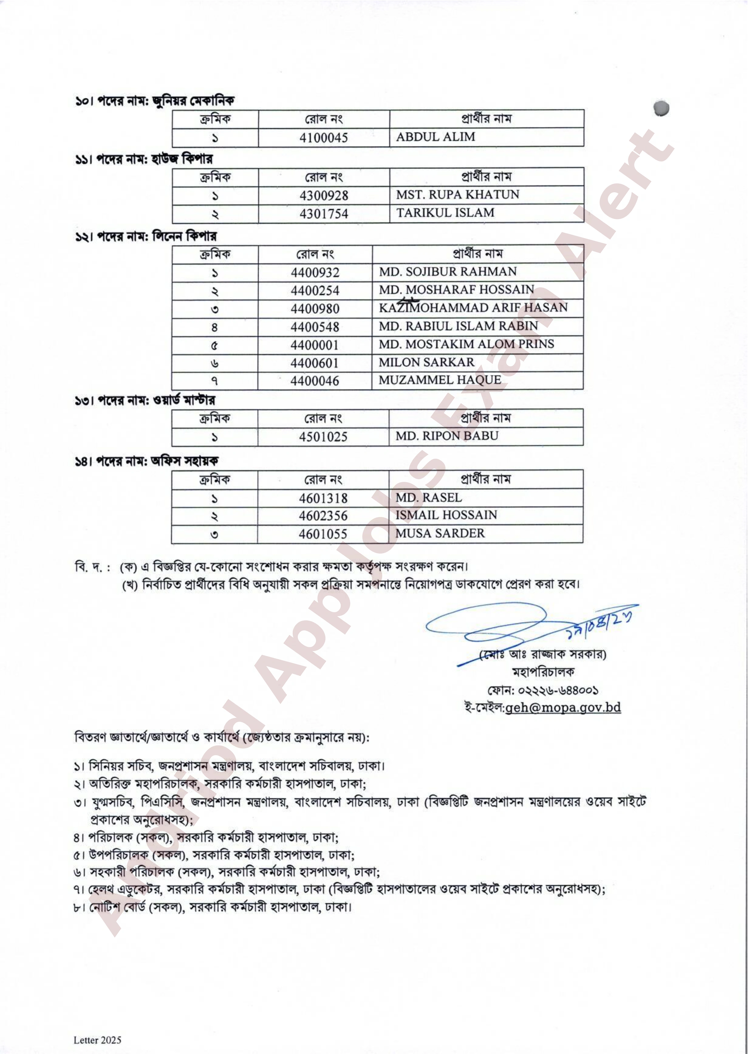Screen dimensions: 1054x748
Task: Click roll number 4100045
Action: (323, 138)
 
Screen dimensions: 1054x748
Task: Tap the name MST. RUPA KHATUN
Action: (457, 194)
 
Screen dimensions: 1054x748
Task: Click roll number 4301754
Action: (323, 214)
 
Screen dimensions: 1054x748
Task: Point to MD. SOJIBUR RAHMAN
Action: (448, 272)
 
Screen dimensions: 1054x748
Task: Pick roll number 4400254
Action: (315, 291)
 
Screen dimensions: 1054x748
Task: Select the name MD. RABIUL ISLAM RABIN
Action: (458, 326)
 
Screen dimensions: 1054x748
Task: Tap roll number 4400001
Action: (315, 345)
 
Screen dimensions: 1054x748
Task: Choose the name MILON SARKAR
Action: (426, 362)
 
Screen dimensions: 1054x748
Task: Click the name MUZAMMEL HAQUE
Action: (439, 380)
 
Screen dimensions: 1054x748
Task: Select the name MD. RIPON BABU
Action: (447, 435)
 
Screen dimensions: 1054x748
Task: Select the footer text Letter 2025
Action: (97, 1040)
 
